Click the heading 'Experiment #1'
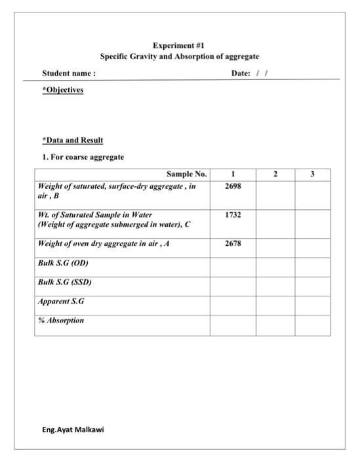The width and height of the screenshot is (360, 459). [179, 45]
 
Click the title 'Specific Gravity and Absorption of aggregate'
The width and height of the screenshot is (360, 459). [179, 57]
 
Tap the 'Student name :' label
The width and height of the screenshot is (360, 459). [69, 73]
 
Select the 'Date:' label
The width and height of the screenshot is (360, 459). [240, 73]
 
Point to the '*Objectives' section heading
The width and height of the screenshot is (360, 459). [62, 90]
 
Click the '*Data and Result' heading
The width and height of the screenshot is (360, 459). [72, 140]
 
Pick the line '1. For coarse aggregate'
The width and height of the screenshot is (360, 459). [83, 157]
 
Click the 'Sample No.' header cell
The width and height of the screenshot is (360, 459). [186, 174]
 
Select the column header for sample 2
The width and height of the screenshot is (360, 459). [275, 174]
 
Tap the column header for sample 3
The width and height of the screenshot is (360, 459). [312, 174]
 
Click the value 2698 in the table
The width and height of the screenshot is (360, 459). [233, 187]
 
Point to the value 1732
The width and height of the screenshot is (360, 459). [233, 215]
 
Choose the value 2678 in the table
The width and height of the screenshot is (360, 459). [233, 244]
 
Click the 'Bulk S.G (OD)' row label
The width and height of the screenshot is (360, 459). [63, 263]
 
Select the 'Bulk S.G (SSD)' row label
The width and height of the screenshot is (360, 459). [65, 282]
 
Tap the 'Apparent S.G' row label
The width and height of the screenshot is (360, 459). [61, 302]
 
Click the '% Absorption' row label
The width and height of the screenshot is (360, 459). [61, 321]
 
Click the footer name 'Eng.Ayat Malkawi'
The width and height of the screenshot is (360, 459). [73, 429]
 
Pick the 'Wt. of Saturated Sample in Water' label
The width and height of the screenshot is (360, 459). [95, 215]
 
